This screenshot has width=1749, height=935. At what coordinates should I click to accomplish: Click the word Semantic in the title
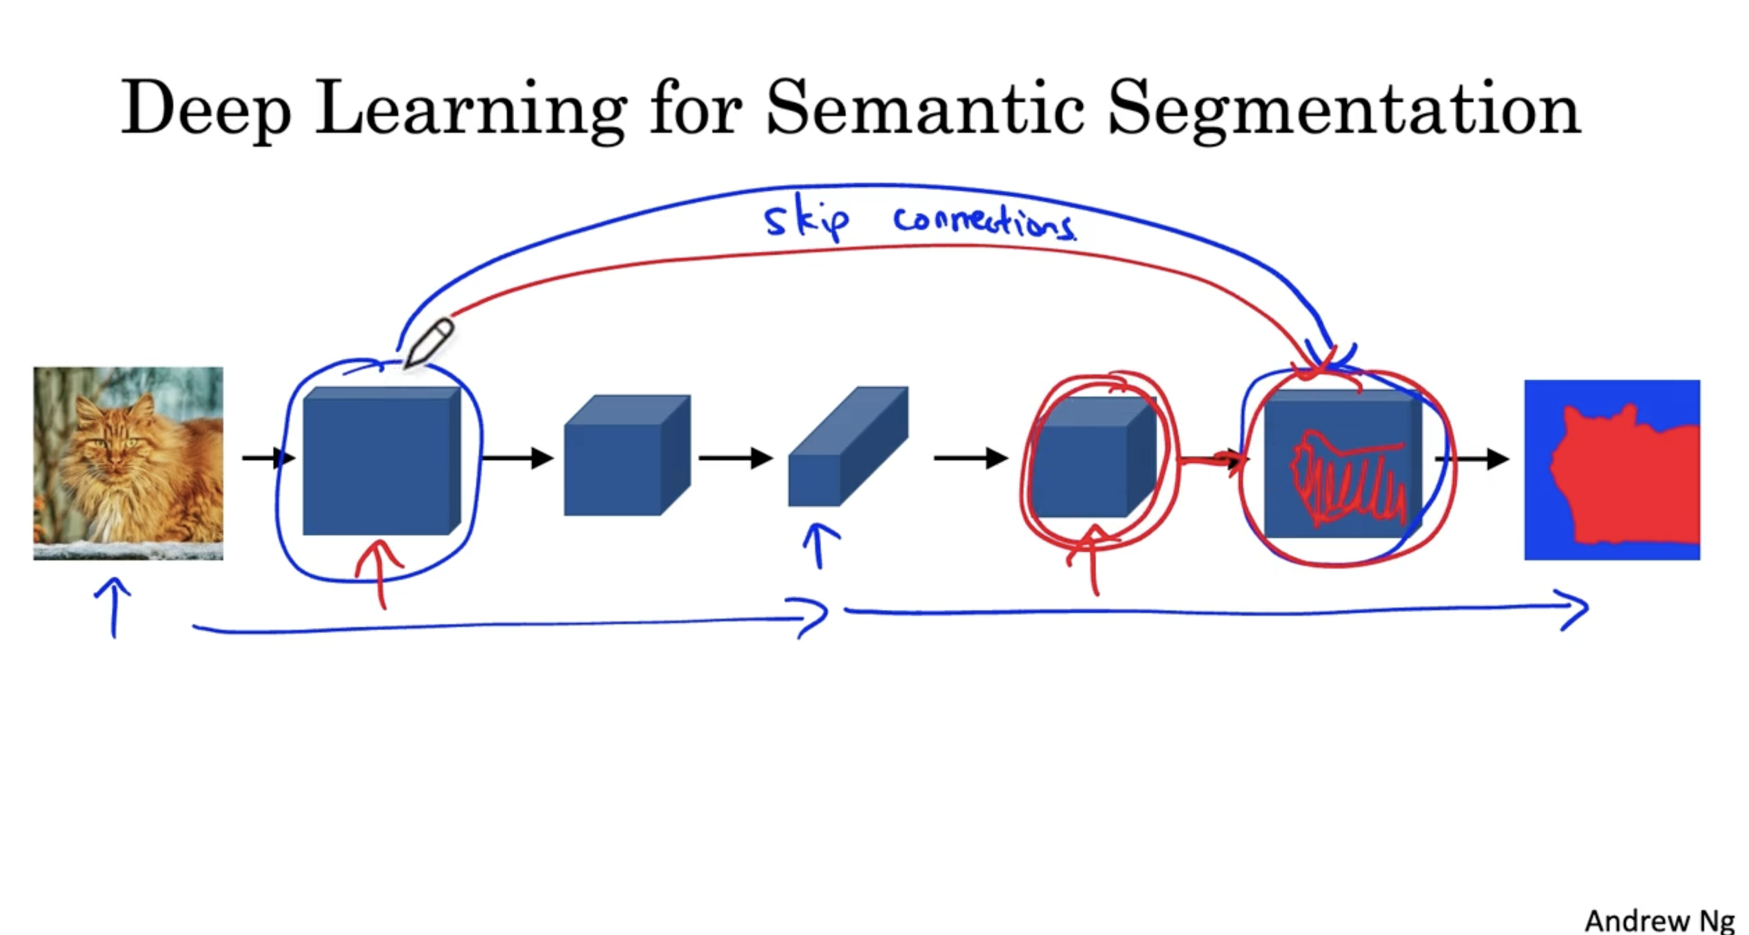(925, 109)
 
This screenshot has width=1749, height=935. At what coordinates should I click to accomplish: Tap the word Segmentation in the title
(1345, 112)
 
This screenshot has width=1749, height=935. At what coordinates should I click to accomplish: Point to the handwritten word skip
(806, 221)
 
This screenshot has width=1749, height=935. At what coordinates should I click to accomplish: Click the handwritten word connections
(985, 222)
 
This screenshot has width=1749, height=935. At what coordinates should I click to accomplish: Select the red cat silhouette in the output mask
(1626, 475)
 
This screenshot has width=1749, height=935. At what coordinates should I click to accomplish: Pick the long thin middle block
(848, 447)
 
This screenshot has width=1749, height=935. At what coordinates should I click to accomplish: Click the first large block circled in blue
(382, 461)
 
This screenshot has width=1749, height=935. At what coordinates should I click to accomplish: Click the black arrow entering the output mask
(1472, 459)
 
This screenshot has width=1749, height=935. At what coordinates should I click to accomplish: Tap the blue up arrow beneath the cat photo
(114, 607)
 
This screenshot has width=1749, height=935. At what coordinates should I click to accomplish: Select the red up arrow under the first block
(380, 573)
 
